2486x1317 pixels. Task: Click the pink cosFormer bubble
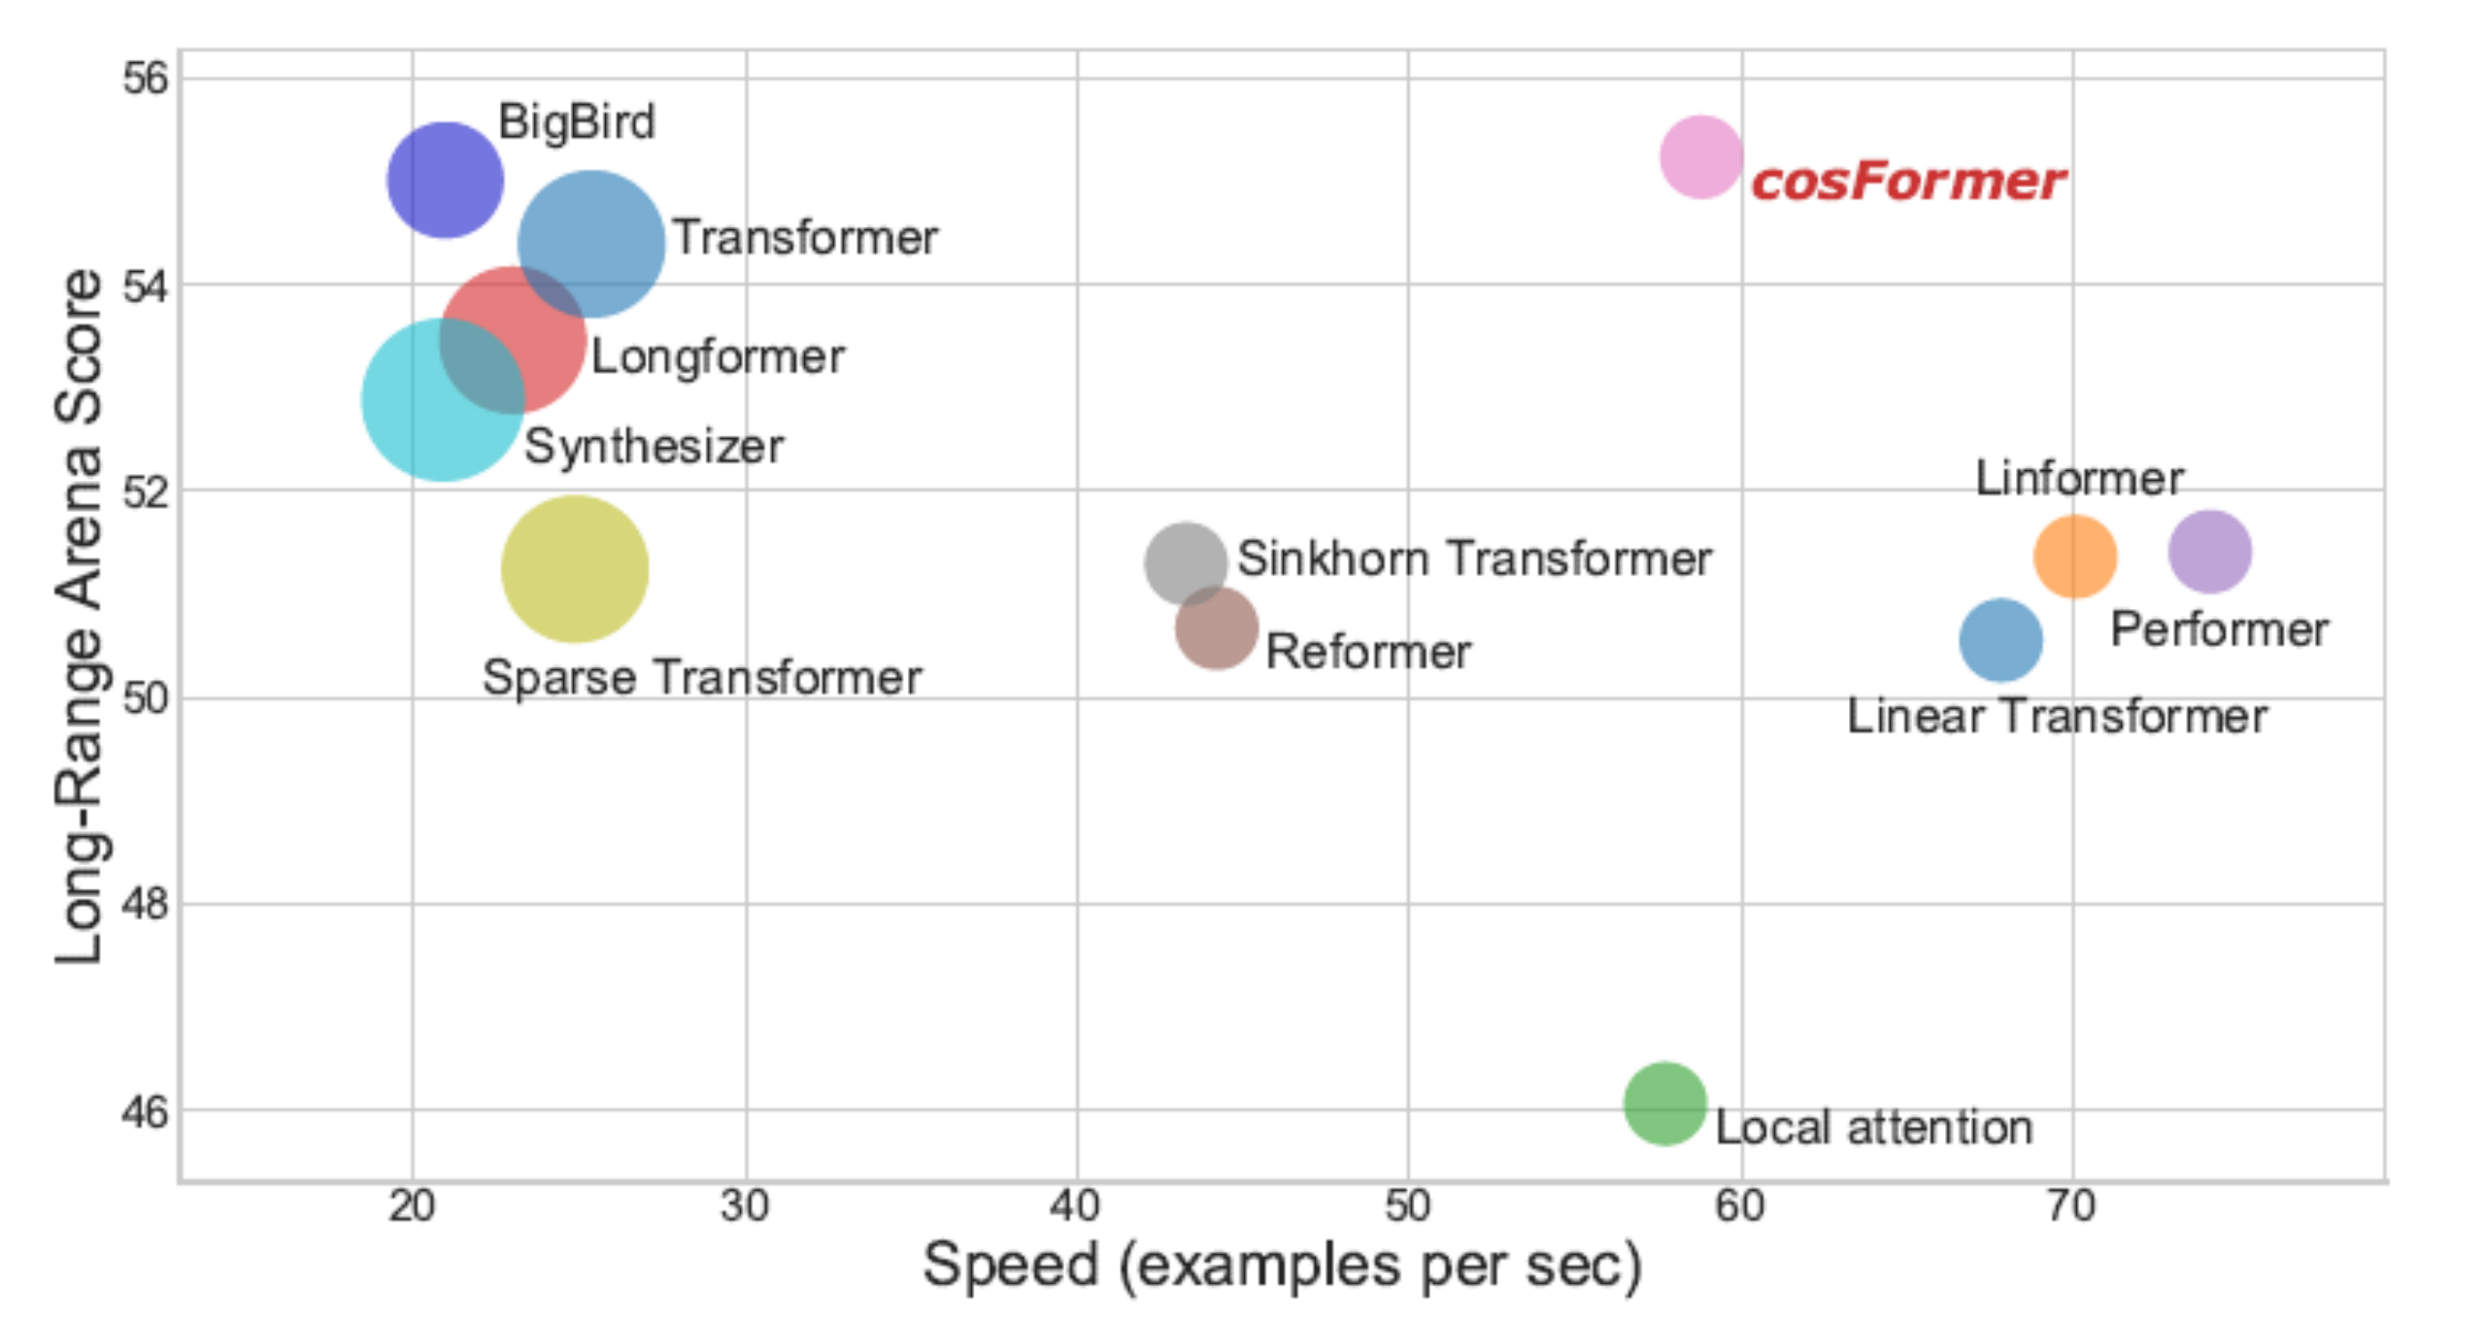[1700, 156]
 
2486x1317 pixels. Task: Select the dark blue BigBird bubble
[445, 180]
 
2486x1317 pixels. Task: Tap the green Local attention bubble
[1664, 1103]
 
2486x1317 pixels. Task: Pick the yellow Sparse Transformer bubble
[575, 568]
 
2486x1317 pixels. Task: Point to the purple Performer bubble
[2209, 551]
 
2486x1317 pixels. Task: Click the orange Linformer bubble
[2074, 556]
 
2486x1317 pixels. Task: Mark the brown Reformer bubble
[1217, 628]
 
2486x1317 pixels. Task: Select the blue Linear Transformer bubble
[2000, 640]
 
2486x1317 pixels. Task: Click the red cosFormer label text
[1908, 182]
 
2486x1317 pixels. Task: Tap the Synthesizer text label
[654, 447]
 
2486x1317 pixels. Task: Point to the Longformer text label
[718, 356]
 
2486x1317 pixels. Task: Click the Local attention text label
[1873, 1128]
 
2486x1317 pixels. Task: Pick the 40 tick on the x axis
[1075, 1206]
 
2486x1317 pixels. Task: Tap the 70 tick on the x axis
[2071, 1206]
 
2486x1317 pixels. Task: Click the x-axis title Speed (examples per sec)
[1282, 1266]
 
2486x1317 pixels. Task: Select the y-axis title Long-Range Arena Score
[80, 617]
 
